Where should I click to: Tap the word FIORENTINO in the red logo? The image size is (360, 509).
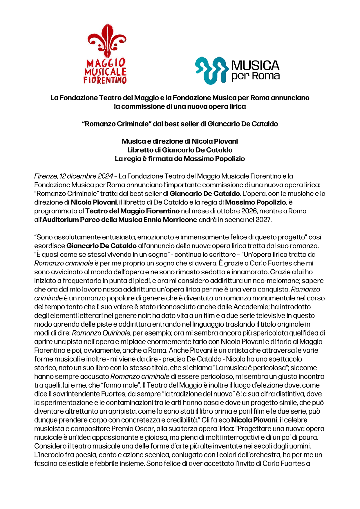(105, 80)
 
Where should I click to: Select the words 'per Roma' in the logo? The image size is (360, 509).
(255, 76)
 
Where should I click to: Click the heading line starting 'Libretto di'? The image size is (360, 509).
(180, 150)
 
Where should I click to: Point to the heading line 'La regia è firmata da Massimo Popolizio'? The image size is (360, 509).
(180, 159)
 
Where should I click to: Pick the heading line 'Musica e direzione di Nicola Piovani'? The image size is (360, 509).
(180, 141)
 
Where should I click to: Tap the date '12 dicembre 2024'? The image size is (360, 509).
(86, 176)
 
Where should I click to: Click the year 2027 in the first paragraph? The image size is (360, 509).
(263, 220)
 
